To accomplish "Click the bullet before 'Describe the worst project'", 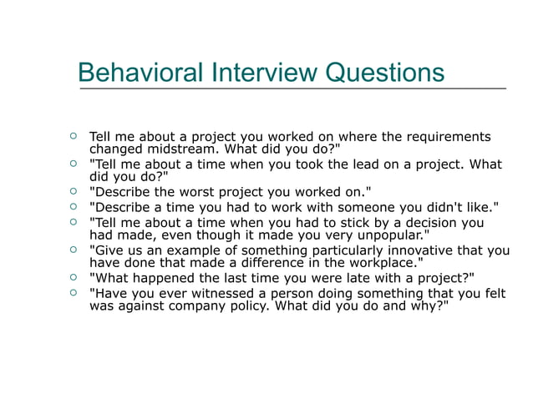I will [x=74, y=191].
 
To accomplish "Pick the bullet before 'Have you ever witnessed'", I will [x=74, y=292].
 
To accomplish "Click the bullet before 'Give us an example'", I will [x=74, y=250].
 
